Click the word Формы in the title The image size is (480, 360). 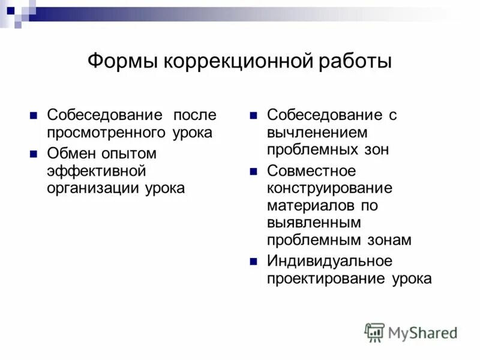(x=122, y=61)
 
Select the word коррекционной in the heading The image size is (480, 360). (x=238, y=61)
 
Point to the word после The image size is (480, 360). (x=195, y=115)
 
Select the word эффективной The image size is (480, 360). (x=97, y=171)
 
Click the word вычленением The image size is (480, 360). (x=317, y=133)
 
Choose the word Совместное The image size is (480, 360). (x=311, y=171)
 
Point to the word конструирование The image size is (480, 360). (x=329, y=188)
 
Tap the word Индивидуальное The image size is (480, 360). (x=329, y=261)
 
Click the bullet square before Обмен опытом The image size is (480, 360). (x=34, y=154)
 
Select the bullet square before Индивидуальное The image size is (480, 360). (x=254, y=261)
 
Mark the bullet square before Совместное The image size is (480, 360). (x=254, y=171)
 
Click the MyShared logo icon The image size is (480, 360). (x=374, y=332)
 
